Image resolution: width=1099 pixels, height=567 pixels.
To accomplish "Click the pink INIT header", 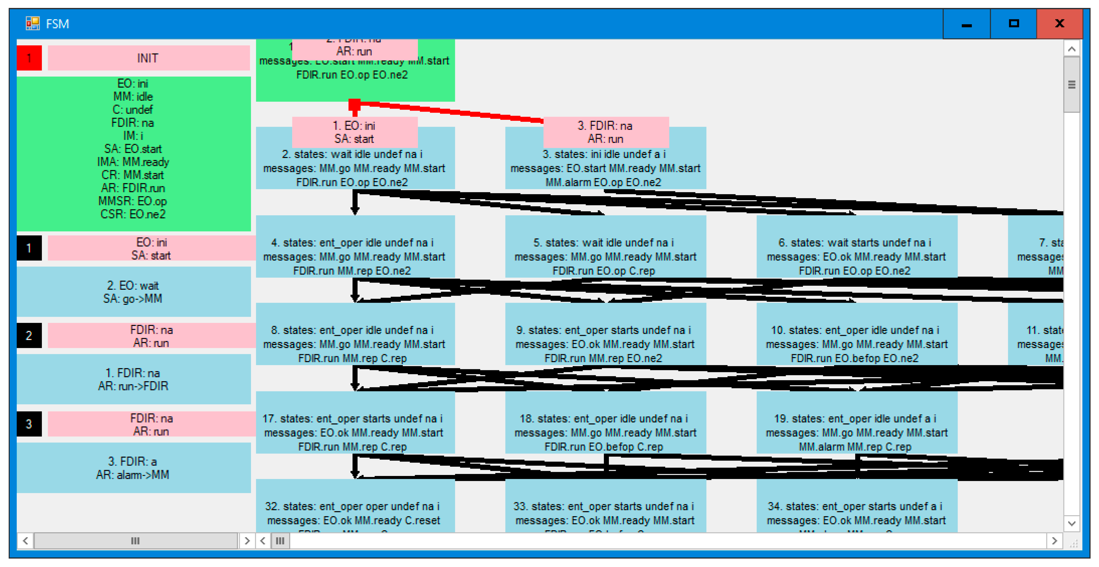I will (148, 58).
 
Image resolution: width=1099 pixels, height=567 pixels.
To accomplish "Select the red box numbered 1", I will (29, 58).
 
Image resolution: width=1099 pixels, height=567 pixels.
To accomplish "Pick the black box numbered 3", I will (29, 424).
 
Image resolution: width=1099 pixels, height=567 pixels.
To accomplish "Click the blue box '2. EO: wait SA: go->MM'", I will (133, 292).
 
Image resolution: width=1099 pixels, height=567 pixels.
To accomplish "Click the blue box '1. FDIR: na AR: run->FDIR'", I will (133, 379).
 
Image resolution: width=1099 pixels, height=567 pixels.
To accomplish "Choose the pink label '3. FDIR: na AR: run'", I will (605, 132).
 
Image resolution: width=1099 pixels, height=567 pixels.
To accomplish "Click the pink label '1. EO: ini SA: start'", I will (354, 132).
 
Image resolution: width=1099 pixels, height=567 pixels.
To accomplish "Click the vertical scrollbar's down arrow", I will (1071, 524).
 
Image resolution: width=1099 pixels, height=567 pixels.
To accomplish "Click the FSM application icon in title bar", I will (32, 24).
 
